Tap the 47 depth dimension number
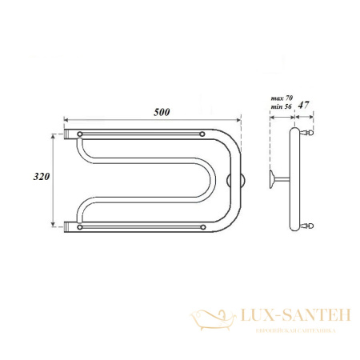(x=304, y=105)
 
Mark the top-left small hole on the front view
(x=78, y=132)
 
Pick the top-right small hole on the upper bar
(x=203, y=132)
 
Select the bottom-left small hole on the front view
(x=78, y=227)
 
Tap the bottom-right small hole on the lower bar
(x=203, y=227)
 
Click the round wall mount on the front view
(x=233, y=180)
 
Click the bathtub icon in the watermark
(x=209, y=320)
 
